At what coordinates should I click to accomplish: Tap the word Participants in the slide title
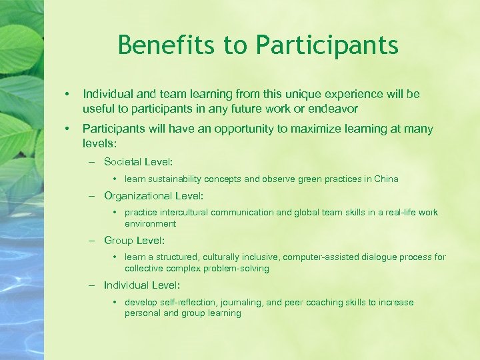tap(327, 45)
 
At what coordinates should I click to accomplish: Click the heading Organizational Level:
tap(153, 196)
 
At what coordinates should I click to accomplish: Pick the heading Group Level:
tap(134, 240)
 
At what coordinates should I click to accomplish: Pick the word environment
tap(150, 223)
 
